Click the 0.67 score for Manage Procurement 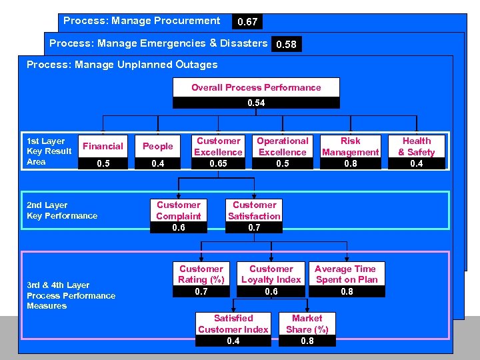(x=247, y=22)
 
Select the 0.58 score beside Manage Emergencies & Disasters (x=286, y=45)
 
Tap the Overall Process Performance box (x=256, y=87)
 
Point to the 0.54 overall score (x=256, y=103)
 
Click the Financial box (x=103, y=147)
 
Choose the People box (x=158, y=147)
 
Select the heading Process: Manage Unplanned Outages (x=122, y=65)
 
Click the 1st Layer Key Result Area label (x=49, y=151)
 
